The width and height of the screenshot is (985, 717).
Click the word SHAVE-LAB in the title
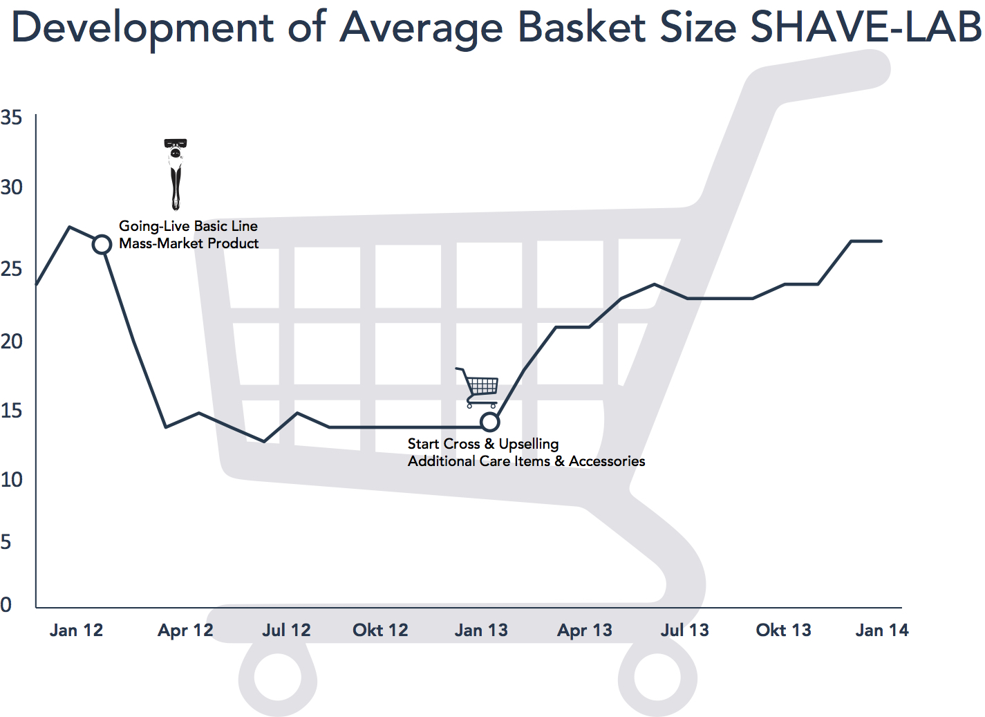865,28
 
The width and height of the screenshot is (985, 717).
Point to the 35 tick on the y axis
11,118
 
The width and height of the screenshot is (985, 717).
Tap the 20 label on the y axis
11,341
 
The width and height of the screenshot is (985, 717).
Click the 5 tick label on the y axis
6,541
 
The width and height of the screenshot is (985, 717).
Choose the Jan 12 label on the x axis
76,631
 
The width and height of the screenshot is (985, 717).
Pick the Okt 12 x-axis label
380,631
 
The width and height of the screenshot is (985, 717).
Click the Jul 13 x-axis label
684,631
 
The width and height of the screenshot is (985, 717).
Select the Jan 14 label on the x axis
882,631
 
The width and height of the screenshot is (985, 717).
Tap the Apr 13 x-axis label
585,631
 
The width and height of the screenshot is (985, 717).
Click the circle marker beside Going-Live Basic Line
102,245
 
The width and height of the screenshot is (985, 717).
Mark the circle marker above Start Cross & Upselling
489,421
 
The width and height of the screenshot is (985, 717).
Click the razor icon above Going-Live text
176,174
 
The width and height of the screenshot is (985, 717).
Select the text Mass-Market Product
189,243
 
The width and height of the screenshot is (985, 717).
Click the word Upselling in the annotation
529,444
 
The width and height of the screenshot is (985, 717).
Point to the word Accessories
607,461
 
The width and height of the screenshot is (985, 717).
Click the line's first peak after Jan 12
69,227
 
